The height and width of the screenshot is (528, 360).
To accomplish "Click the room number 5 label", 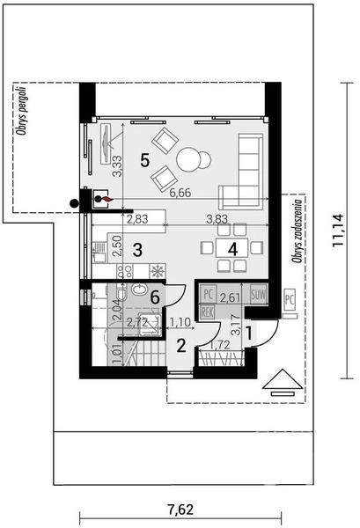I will coord(145,160).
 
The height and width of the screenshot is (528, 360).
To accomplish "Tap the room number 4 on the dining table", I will coord(232,249).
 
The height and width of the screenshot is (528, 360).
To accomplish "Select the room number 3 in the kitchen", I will coord(137,249).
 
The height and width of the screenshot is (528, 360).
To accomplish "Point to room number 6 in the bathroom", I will coord(156,298).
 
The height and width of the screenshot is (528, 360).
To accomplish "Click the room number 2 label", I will coord(180,345).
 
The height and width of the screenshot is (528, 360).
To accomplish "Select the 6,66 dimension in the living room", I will coord(181,192).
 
